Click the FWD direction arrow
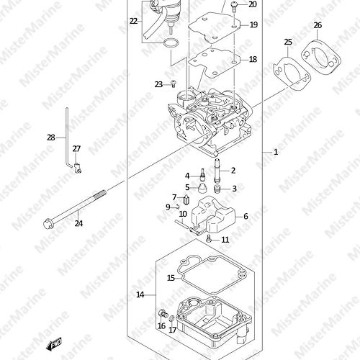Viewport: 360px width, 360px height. pyautogui.click(x=53, y=345)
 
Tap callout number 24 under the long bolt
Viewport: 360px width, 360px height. pyautogui.click(x=78, y=223)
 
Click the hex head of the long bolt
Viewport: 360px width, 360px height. pyautogui.click(x=48, y=223)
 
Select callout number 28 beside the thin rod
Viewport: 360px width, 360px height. pyautogui.click(x=51, y=138)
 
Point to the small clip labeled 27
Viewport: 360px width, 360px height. pyautogui.click(x=77, y=168)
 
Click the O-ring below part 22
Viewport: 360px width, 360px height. pyautogui.click(x=171, y=43)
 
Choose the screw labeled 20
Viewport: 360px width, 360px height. pyautogui.click(x=234, y=6)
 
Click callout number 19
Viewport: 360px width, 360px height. pyautogui.click(x=253, y=25)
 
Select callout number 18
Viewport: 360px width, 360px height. pyautogui.click(x=253, y=59)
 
